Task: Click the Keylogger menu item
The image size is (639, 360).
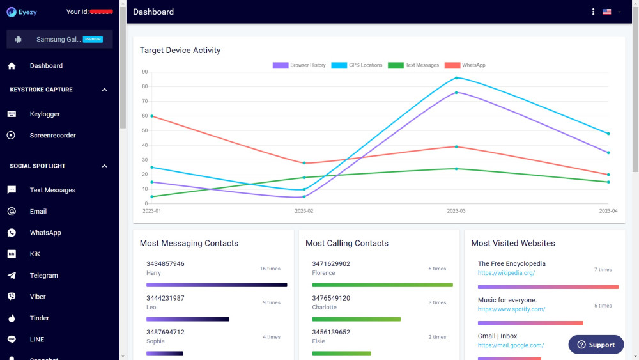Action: point(45,114)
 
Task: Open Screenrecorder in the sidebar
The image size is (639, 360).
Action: point(52,136)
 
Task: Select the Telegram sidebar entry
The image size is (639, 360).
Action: point(43,276)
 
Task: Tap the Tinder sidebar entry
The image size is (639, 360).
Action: point(39,318)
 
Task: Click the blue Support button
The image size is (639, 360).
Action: point(596,345)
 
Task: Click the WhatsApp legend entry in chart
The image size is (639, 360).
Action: point(465,65)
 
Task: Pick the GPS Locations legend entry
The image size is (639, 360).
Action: point(357,65)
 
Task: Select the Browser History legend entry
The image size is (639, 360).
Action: point(300,65)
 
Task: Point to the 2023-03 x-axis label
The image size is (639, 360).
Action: point(456,211)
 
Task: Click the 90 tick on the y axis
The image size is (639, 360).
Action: point(145,72)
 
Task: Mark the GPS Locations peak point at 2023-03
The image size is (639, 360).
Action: point(456,78)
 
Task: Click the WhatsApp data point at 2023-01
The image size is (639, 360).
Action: point(152,116)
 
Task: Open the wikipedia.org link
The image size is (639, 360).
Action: point(506,273)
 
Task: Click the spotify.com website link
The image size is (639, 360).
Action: point(511,309)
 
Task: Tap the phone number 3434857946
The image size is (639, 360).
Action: point(166,263)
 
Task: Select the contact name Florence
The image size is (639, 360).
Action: point(323,273)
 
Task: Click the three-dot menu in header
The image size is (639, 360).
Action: point(593,12)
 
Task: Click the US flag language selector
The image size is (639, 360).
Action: point(607,12)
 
